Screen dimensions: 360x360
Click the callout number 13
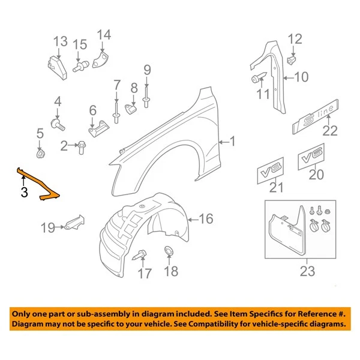coord(60,41)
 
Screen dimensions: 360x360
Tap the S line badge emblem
coord(314,121)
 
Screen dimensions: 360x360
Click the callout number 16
coord(206,219)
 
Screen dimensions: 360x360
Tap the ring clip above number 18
coord(170,251)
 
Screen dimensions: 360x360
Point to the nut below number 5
coord(40,154)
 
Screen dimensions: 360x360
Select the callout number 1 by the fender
coord(233,142)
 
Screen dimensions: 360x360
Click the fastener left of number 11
coord(257,79)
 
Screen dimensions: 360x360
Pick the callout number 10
coord(300,77)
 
